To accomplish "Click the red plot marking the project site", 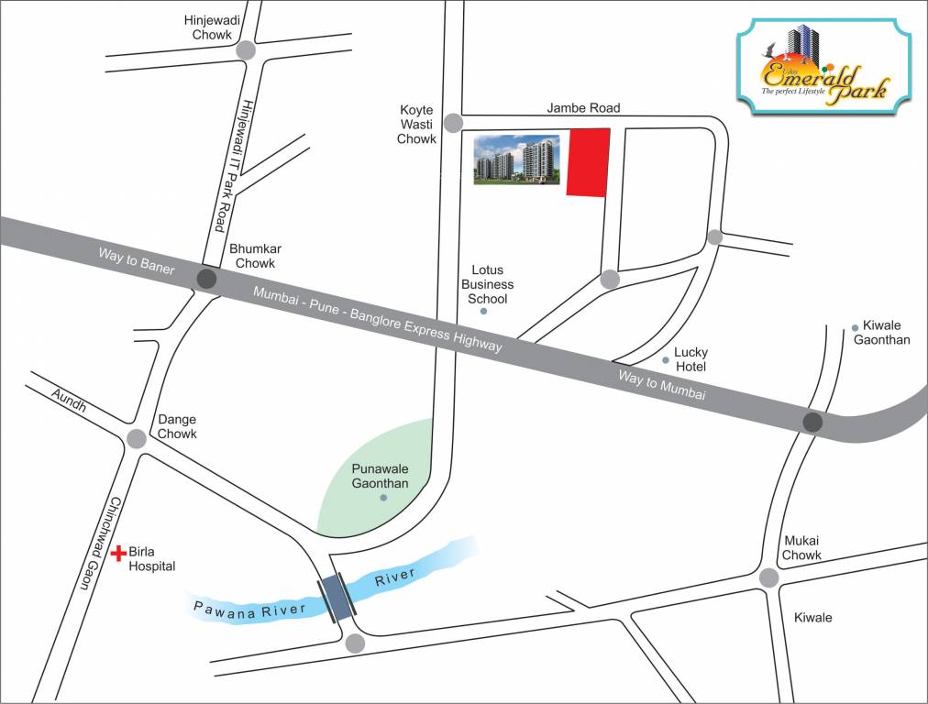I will coord(588,162).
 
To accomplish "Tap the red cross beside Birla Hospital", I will coord(118,554).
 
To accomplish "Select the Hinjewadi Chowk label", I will coord(212,27).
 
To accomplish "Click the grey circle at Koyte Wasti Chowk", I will coord(453,123).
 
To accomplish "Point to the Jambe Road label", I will coord(583,107).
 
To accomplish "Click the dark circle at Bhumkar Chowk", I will coord(207,280).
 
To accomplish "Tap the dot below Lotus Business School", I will coord(483,312).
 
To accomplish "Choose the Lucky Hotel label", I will coord(690,358).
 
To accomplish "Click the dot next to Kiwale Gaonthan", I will coord(855,327).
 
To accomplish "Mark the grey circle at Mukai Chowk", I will coord(769,577).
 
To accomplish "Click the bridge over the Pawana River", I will coord(337,599).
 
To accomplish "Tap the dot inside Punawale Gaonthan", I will coord(383,498).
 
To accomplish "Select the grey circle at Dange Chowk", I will coord(137,439).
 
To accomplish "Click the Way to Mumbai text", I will coord(661,384).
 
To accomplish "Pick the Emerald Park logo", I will coord(823,67).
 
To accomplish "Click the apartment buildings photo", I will coord(516,160).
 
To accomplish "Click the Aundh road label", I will coord(68,400).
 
